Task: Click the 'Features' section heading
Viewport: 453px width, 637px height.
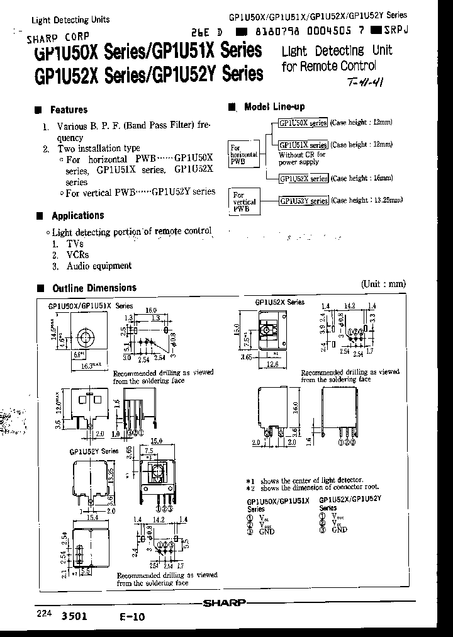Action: coord(69,110)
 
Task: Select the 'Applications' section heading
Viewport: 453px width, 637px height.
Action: coord(77,215)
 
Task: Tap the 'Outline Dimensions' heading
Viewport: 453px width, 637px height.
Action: coord(94,288)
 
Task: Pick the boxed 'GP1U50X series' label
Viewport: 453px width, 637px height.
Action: coord(303,122)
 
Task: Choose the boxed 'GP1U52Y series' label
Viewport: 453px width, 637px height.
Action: coord(304,201)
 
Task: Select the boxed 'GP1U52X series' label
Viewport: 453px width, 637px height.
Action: coord(304,179)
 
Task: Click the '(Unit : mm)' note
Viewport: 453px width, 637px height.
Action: coord(384,284)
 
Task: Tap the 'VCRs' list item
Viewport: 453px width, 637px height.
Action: coord(78,255)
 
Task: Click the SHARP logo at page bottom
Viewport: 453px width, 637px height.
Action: coord(225,602)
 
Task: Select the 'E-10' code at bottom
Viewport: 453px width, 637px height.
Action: coord(133,617)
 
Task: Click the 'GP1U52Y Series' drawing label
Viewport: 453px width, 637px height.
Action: coord(94,451)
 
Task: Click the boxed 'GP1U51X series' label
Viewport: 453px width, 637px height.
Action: coord(303,144)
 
